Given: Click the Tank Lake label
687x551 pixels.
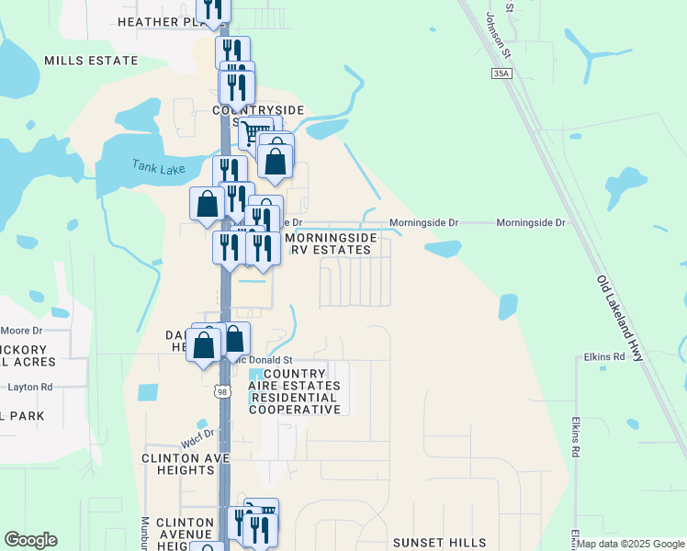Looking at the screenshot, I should pyautogui.click(x=158, y=167).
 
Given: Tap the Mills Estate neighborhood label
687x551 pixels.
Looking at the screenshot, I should pyautogui.click(x=91, y=61).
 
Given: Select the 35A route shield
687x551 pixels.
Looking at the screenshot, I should pyautogui.click(x=500, y=73).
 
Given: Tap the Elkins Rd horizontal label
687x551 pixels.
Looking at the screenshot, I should pyautogui.click(x=604, y=356).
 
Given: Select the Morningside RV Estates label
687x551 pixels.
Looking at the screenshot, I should pyautogui.click(x=331, y=243).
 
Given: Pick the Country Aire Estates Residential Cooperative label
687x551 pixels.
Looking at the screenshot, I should pyautogui.click(x=295, y=391).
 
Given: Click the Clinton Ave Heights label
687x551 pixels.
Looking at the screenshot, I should pyautogui.click(x=178, y=463).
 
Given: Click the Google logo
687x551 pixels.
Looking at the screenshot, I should pyautogui.click(x=30, y=540).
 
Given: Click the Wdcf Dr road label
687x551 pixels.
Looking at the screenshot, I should pyautogui.click(x=197, y=437).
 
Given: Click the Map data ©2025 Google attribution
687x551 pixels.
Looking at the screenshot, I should pyautogui.click(x=630, y=545).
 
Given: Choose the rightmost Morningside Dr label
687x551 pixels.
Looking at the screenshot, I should pyautogui.click(x=530, y=223).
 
